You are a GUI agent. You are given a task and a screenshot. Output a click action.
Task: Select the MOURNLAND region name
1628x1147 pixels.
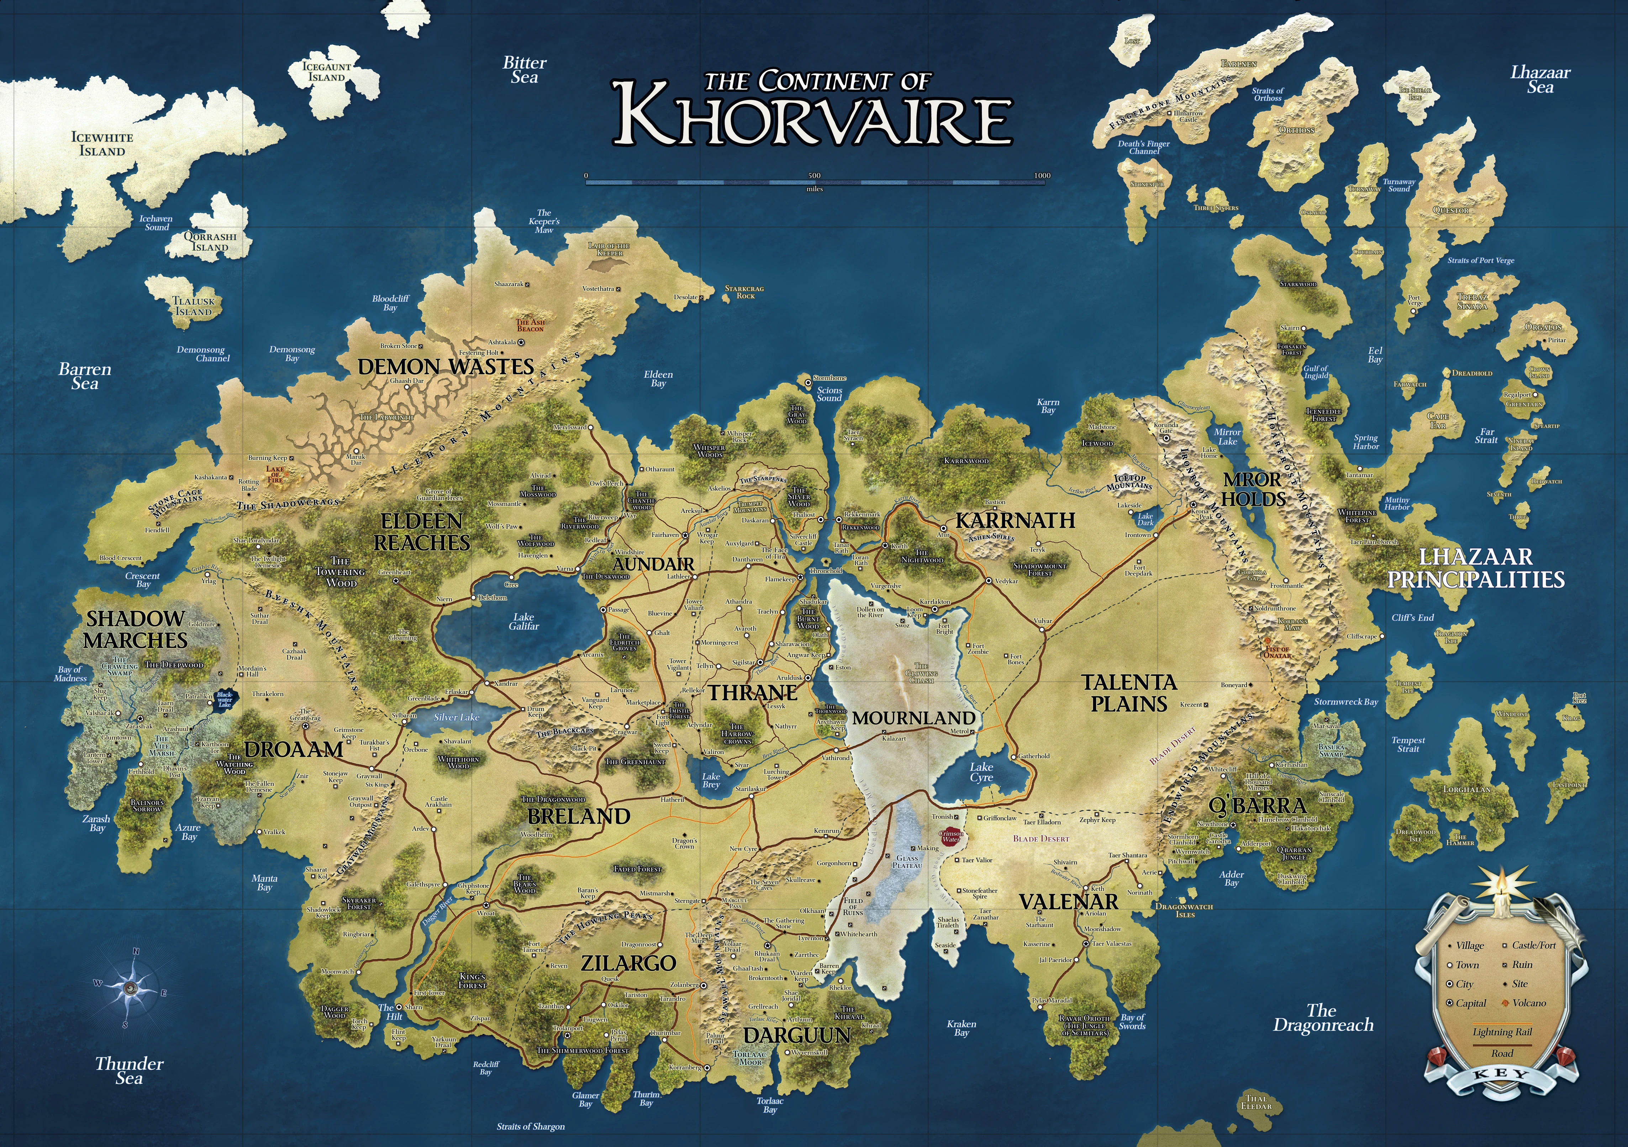[913, 718]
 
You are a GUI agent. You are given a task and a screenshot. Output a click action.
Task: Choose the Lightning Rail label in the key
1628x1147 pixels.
[1502, 1032]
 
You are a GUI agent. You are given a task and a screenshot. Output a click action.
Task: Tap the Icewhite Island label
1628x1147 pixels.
[102, 144]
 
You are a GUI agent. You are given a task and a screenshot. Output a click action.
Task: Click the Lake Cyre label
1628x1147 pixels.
[981, 772]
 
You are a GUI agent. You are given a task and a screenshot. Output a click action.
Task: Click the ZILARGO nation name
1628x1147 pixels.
[628, 963]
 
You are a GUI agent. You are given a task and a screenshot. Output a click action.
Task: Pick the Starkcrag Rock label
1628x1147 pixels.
[744, 292]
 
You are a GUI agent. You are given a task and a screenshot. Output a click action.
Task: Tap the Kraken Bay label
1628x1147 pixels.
[961, 1028]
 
